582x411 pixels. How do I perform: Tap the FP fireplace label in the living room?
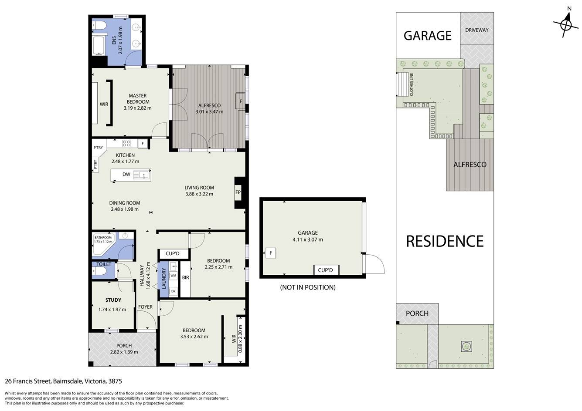pyautogui.click(x=238, y=192)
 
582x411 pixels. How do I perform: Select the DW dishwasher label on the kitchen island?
pyautogui.click(x=126, y=174)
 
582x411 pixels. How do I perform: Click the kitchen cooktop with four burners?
pyautogui.click(x=126, y=143)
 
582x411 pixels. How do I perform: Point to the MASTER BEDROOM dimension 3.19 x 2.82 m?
pyautogui.click(x=137, y=108)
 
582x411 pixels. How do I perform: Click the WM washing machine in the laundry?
pyautogui.click(x=174, y=276)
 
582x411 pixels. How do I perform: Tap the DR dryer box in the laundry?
pyautogui.click(x=174, y=291)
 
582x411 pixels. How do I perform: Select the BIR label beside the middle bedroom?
pyautogui.click(x=186, y=277)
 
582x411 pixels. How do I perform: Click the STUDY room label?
pyautogui.click(x=113, y=300)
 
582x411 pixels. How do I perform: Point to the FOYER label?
pyautogui.click(x=145, y=307)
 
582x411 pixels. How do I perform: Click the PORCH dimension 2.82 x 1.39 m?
pyautogui.click(x=124, y=352)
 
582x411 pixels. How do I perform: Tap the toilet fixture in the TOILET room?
pyautogui.click(x=99, y=271)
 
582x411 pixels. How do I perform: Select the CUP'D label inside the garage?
pyautogui.click(x=325, y=270)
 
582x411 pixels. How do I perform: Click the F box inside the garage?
pyautogui.click(x=271, y=253)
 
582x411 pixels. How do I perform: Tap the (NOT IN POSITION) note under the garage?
pyautogui.click(x=308, y=287)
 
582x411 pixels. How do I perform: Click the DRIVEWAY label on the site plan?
pyautogui.click(x=477, y=30)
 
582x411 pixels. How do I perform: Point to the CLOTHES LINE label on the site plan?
pyautogui.click(x=411, y=84)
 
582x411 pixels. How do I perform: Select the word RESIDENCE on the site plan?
pyautogui.click(x=445, y=241)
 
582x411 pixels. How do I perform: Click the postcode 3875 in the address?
pyautogui.click(x=115, y=381)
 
